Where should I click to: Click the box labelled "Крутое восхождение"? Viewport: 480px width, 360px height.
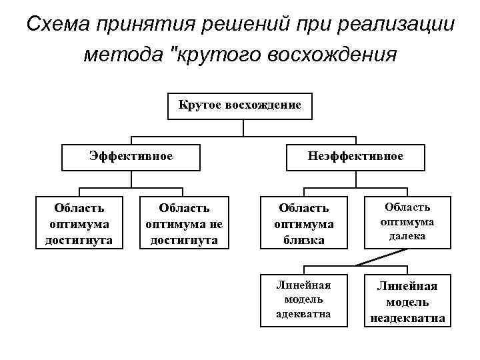[239, 105]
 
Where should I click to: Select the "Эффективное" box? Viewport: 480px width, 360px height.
[131, 157]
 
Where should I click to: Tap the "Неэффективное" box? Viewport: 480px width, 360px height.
[355, 157]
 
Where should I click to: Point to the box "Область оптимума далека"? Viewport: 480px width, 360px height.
[407, 222]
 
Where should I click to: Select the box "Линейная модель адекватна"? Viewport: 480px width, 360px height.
[303, 299]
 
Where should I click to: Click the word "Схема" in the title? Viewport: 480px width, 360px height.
[59, 25]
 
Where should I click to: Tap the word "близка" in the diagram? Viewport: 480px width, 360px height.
[303, 239]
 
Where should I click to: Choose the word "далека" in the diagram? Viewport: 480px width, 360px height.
[407, 236]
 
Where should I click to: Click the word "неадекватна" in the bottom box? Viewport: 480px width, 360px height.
[407, 318]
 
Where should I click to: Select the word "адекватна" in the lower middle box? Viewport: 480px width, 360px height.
[303, 313]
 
